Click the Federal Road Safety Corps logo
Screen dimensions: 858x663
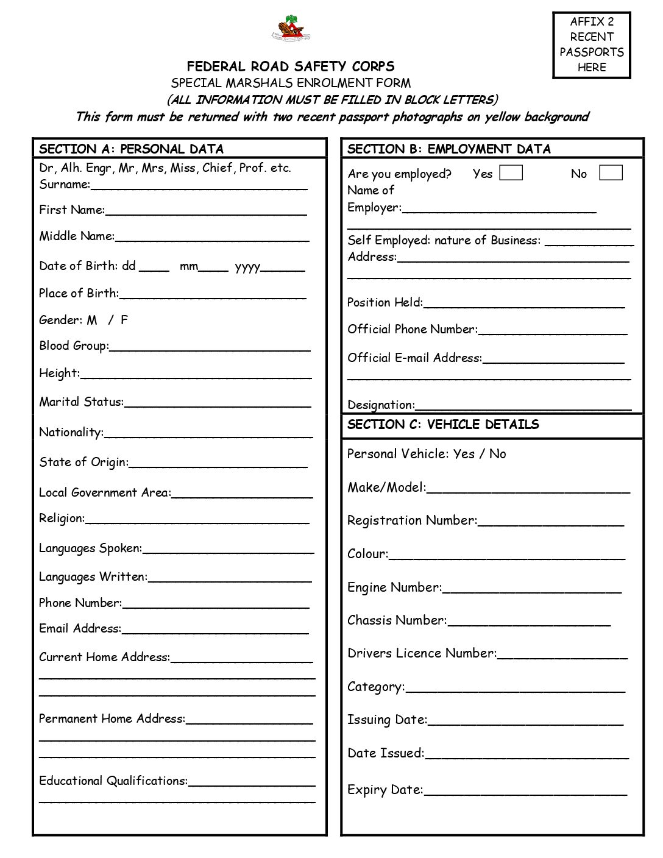point(291,28)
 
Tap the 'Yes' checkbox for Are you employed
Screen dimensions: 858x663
point(511,173)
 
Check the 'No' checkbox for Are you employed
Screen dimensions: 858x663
point(611,173)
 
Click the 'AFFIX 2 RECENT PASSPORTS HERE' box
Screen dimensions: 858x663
point(591,45)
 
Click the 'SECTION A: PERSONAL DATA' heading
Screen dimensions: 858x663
point(132,149)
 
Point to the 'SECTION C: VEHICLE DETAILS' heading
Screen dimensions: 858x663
point(443,425)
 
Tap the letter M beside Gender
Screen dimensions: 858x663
point(92,320)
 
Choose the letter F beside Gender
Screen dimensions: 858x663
point(124,320)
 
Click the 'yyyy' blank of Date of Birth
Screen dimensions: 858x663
point(282,268)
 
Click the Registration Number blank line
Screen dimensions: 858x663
point(551,522)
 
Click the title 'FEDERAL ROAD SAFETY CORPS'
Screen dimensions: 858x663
point(291,66)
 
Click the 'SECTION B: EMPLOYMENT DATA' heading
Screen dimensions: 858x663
point(449,149)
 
